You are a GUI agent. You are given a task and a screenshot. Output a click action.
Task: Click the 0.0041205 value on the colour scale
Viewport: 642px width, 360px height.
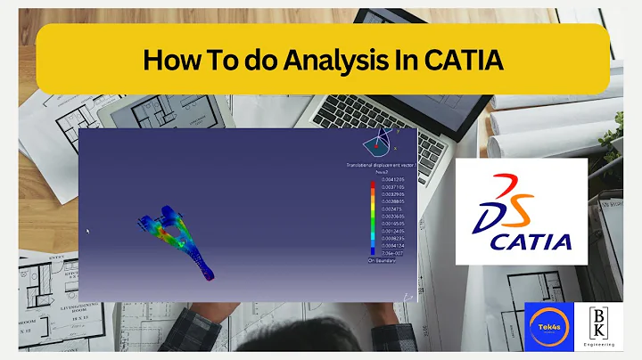pyautogui.click(x=392, y=181)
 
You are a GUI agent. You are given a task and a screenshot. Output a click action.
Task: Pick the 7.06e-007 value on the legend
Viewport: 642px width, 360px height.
pyautogui.click(x=391, y=253)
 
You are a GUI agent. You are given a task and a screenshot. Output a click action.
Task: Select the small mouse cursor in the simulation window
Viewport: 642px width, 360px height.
pyautogui.click(x=87, y=232)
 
